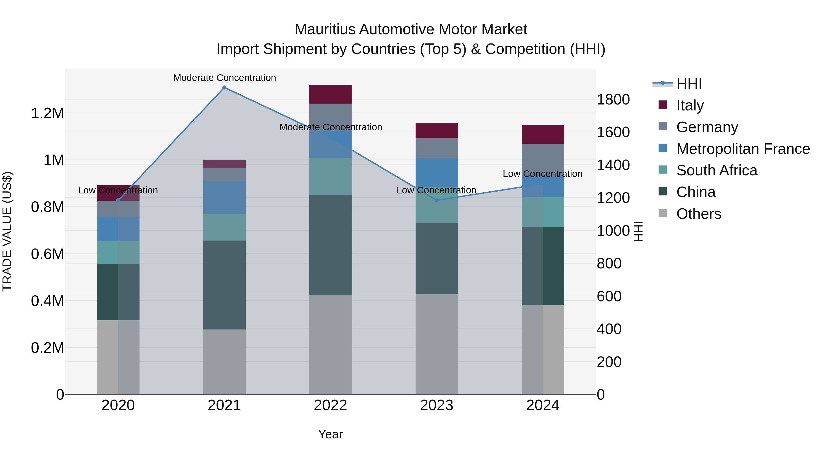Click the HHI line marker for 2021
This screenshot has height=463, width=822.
[224, 88]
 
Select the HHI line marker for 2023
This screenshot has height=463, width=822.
[437, 200]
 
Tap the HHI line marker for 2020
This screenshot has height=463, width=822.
[118, 200]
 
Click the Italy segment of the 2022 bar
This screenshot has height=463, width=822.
[331, 94]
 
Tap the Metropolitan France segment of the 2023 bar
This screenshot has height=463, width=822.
[437, 173]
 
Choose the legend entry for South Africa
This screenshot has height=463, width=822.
[716, 170]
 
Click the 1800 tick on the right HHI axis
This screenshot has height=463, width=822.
[613, 99]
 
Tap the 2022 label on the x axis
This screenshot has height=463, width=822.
[331, 405]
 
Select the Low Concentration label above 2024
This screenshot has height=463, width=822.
[543, 174]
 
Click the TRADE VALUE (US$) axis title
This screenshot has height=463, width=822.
[7, 231]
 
